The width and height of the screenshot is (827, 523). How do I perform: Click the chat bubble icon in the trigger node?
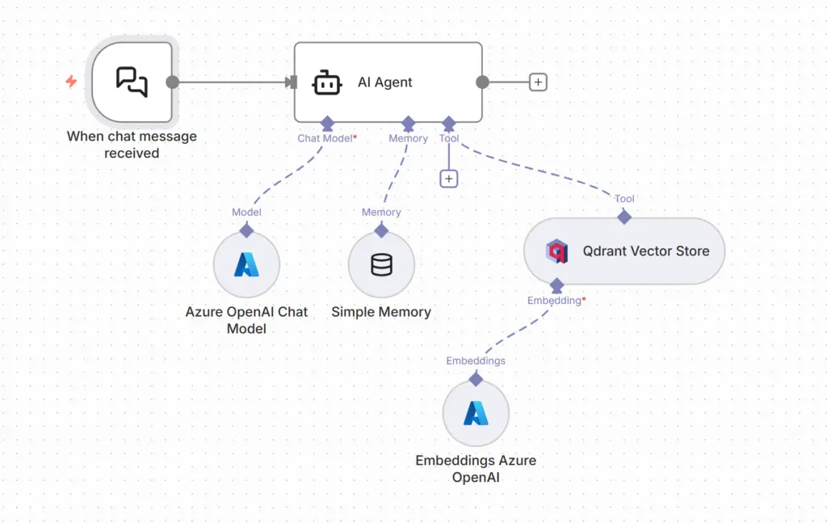click(132, 82)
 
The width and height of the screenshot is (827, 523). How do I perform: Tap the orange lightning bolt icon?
click(71, 82)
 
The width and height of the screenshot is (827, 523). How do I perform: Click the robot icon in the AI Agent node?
click(326, 82)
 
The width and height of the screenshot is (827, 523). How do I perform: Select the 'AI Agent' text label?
click(385, 82)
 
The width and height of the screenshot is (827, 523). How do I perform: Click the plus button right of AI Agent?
click(538, 82)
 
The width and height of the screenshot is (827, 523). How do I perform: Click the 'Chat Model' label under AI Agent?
click(325, 138)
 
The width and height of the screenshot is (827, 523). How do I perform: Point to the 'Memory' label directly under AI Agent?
click(408, 138)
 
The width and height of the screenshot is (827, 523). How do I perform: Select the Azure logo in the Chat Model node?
click(246, 264)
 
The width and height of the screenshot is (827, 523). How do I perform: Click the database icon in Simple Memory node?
click(381, 264)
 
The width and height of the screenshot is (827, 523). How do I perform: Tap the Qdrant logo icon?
click(557, 251)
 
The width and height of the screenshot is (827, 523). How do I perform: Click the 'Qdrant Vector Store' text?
click(646, 251)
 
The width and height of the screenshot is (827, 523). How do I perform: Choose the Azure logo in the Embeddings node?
click(476, 413)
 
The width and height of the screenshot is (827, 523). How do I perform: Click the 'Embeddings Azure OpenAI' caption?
click(476, 469)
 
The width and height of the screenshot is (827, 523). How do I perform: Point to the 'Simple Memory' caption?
click(381, 312)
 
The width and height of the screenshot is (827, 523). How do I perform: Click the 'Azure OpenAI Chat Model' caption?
click(246, 320)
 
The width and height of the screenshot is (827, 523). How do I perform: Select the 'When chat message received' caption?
click(132, 145)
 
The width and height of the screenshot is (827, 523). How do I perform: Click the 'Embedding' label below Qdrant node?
click(554, 301)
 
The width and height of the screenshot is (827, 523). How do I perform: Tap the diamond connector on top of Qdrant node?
click(623, 217)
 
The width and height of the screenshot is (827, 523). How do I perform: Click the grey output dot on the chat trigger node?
click(172, 82)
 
